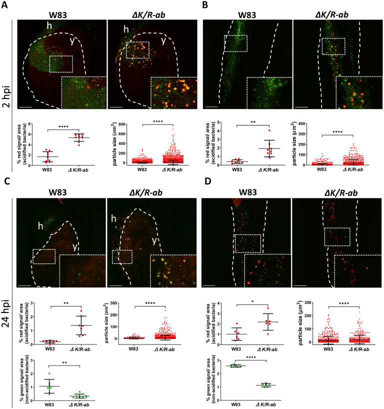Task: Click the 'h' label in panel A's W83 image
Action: (x=36, y=25)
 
